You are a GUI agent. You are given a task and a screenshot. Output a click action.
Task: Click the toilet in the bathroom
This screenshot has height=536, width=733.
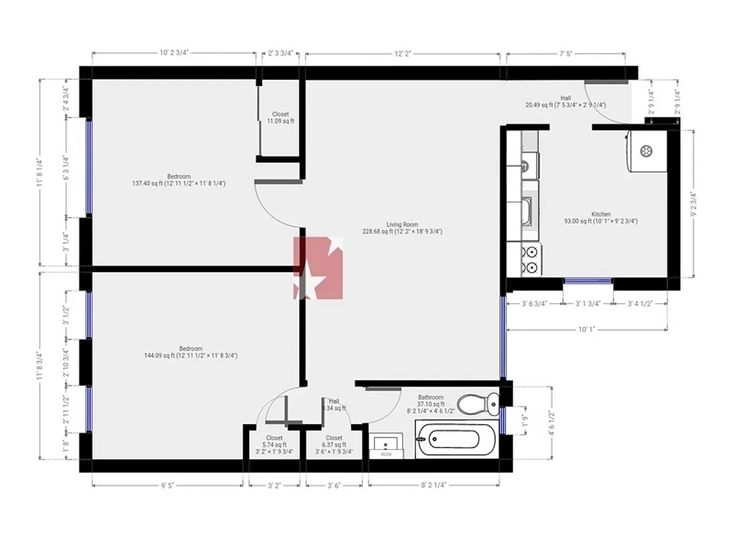477,403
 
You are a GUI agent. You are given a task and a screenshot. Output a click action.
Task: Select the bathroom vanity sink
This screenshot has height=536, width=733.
387,445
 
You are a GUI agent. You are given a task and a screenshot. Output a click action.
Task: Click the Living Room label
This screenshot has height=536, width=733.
402,228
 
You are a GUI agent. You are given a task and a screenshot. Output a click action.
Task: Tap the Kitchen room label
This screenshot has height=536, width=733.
601,217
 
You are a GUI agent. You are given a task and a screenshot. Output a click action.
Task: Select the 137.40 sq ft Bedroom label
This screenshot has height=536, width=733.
179,180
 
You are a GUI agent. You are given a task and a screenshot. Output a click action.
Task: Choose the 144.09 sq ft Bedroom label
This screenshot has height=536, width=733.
190,352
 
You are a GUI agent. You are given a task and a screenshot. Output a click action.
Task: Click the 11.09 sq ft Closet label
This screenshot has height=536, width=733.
280,118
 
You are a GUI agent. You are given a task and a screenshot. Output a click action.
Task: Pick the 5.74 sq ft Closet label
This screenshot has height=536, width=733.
274,445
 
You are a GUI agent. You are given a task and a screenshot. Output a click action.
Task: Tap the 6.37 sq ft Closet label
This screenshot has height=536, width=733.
334,445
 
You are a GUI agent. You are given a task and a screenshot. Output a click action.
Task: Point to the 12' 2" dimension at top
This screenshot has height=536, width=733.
403,54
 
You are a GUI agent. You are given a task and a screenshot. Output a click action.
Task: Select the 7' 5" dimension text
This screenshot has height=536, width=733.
566,54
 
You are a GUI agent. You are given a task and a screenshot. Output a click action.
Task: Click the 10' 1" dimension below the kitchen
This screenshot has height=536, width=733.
586,329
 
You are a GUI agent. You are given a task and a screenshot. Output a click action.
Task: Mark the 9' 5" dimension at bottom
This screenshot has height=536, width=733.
168,484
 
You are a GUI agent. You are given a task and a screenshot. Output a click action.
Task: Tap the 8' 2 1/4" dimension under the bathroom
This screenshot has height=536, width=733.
434,484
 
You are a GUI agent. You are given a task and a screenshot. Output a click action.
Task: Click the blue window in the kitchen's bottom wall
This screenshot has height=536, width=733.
588,281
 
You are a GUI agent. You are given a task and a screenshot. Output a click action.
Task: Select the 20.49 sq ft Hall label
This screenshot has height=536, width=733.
565,101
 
